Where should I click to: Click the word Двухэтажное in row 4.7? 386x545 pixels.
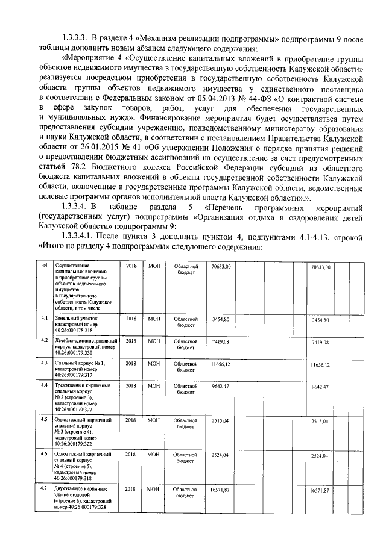pos(71,488)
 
